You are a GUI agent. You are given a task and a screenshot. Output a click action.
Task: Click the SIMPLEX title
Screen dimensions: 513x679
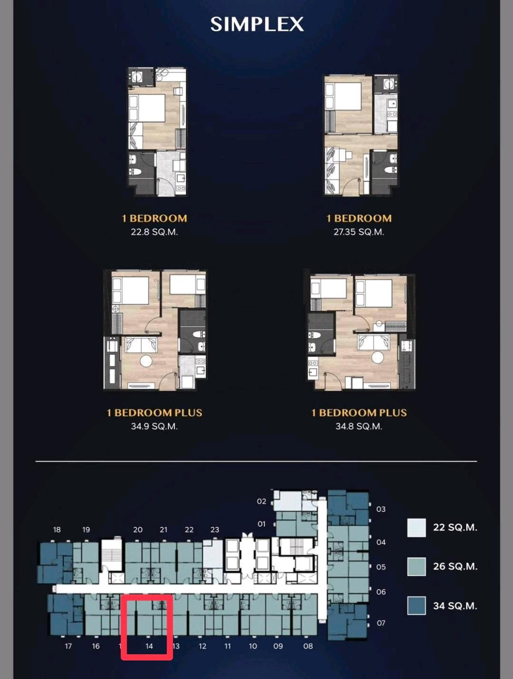coord(257,24)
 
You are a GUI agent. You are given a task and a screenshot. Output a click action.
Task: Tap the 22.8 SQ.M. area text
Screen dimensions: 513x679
coord(154,232)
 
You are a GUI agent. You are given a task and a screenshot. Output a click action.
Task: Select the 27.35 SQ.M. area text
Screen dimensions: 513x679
coord(359,232)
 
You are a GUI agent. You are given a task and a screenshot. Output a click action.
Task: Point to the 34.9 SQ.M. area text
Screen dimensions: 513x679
coord(154,426)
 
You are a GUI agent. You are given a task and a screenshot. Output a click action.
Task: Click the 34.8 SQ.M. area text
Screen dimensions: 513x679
coord(359,426)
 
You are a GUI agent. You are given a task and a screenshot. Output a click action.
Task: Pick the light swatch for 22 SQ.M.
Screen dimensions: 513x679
coord(416,527)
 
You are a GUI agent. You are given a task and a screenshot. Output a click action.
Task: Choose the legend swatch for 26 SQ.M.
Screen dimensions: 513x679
coord(416,566)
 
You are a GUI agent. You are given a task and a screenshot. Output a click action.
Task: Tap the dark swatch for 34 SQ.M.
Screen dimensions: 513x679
coord(416,605)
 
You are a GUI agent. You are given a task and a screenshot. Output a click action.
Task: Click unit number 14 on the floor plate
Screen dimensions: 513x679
coord(149,646)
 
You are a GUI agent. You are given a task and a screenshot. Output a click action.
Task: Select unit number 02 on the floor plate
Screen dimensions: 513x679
coord(261,501)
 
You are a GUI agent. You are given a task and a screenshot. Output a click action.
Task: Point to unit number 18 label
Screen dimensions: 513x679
coord(57,530)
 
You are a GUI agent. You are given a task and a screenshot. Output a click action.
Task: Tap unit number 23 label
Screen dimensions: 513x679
coord(215,530)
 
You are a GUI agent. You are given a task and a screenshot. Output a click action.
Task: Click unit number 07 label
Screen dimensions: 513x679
coord(381,622)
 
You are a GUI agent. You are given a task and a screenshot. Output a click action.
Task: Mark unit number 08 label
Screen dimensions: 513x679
coord(308,646)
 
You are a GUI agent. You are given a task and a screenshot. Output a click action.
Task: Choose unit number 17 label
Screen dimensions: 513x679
coord(68,646)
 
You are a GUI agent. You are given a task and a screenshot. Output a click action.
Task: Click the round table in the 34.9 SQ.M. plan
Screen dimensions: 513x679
coord(146,360)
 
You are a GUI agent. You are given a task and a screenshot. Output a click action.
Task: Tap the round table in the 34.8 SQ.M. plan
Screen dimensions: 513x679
coord(377,357)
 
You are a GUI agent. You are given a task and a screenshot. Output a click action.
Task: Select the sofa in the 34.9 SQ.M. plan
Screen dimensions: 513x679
coord(141,344)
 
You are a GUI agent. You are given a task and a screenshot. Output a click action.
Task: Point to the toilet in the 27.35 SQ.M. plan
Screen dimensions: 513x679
coord(389,170)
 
